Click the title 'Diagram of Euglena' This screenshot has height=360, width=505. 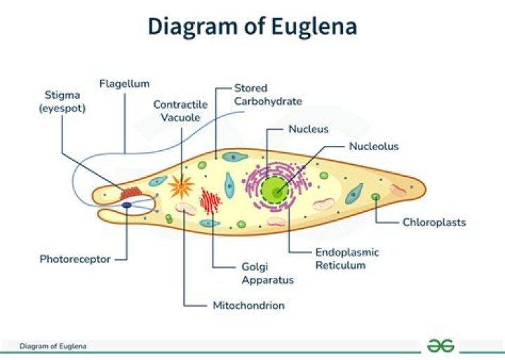(x=252, y=26)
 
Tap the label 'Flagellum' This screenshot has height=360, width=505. (x=124, y=84)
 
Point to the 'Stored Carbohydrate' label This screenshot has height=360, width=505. (x=268, y=95)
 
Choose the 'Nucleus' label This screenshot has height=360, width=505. (x=308, y=129)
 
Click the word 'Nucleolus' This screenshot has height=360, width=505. (x=373, y=146)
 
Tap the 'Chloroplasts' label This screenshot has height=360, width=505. (x=433, y=222)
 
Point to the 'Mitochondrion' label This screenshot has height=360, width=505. (x=248, y=305)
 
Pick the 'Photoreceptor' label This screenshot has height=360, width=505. (x=74, y=259)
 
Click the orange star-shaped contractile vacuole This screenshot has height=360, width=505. (x=181, y=186)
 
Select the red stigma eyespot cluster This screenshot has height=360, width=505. (x=130, y=192)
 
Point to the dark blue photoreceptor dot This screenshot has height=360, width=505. (x=127, y=205)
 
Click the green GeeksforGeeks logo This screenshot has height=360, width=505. (x=441, y=345)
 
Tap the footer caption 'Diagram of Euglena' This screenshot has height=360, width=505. (x=53, y=346)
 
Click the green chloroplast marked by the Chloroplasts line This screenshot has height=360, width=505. (x=376, y=197)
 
